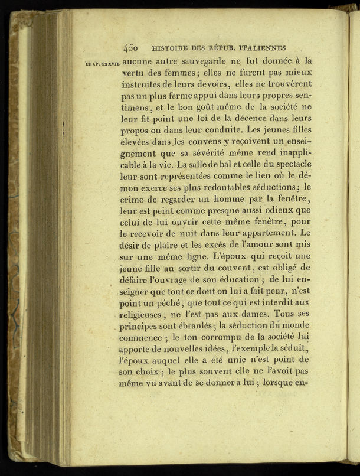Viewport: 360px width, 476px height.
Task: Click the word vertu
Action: point(133,73)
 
